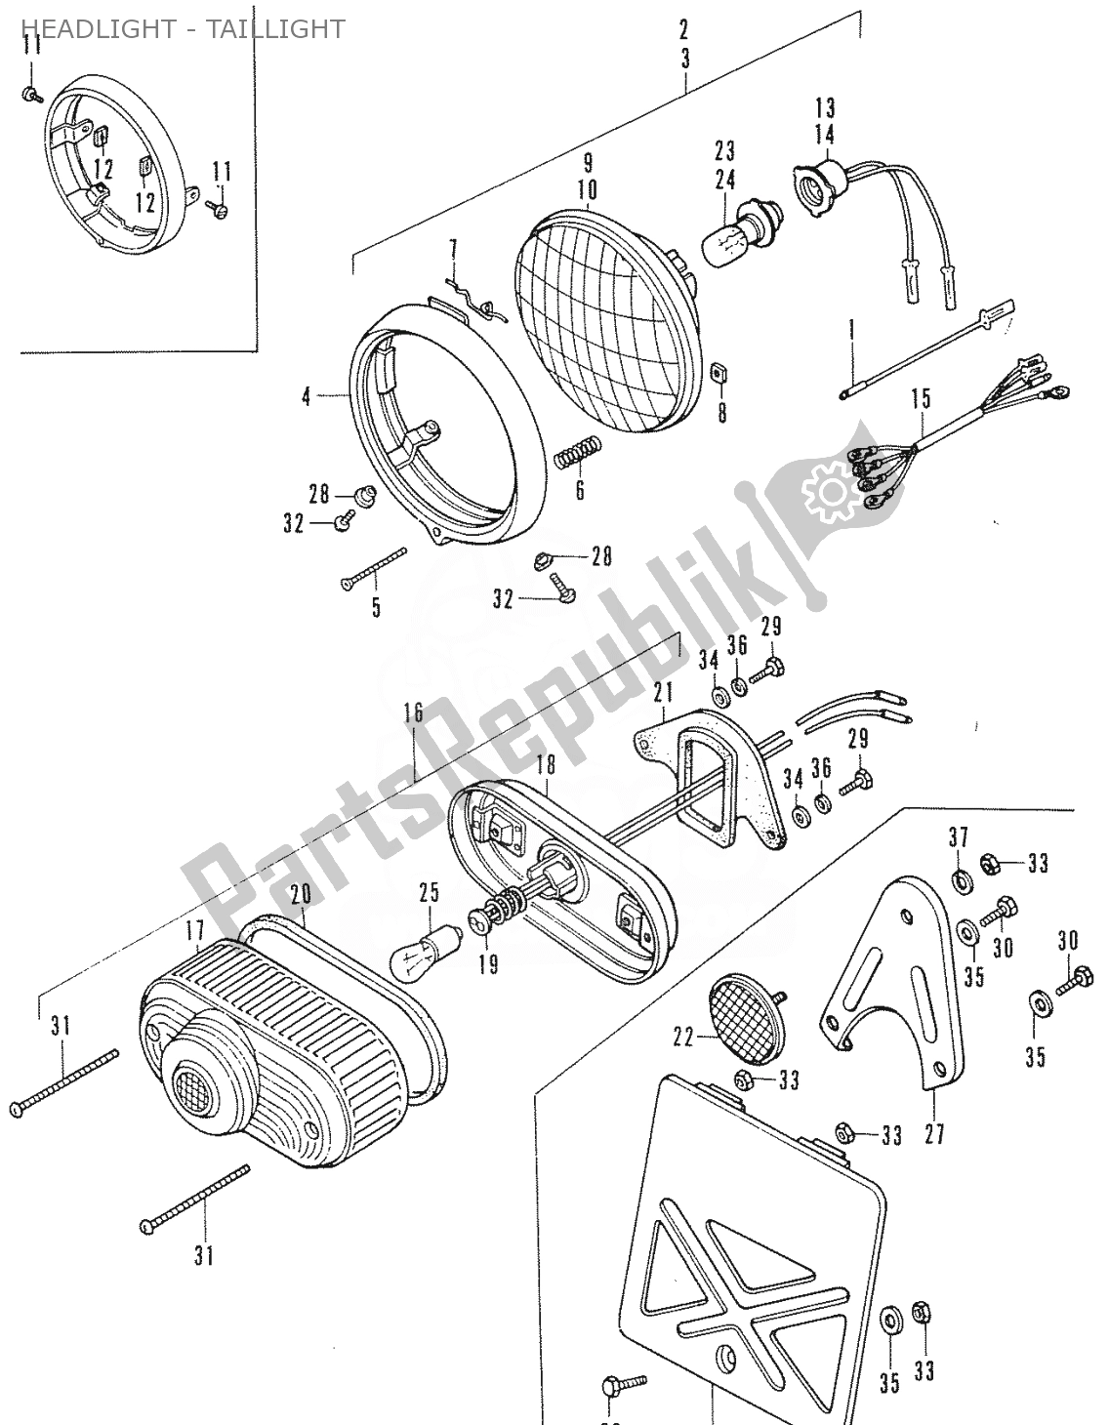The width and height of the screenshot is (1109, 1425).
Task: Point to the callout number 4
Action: (306, 397)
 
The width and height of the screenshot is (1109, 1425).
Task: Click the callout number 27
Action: (934, 1135)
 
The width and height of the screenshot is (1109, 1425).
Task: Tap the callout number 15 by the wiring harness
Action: (921, 398)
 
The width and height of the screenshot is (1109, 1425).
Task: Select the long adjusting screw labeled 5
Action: (374, 569)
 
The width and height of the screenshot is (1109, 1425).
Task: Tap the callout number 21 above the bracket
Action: (665, 693)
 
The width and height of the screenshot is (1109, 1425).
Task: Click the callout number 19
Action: (488, 964)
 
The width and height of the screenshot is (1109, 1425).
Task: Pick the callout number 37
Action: (958, 837)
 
